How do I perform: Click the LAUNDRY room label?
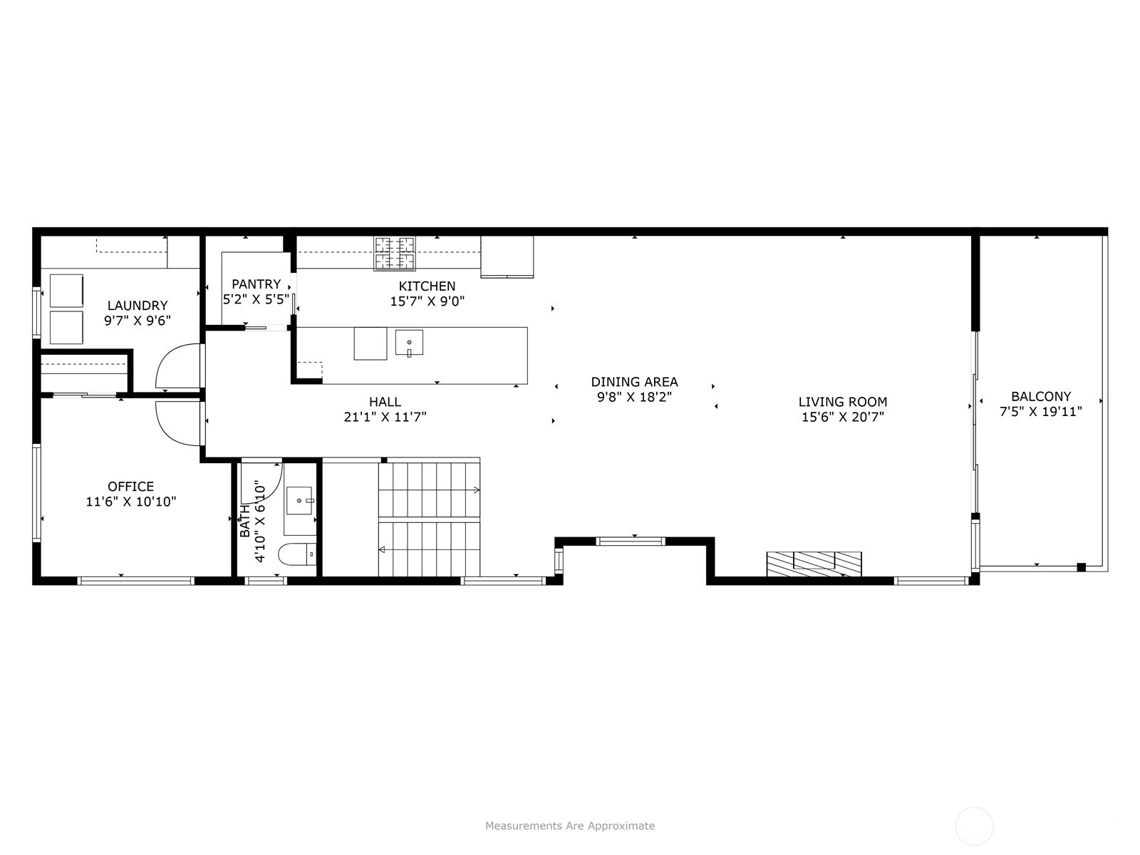137,305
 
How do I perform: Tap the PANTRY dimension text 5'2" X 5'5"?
256,299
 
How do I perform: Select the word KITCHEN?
427,286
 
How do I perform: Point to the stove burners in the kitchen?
395,254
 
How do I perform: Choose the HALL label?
385,402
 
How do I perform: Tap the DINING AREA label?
634,382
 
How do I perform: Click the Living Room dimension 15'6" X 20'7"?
842,417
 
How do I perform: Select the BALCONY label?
1041,397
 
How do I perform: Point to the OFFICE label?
131,487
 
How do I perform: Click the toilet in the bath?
297,554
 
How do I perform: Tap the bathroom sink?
299,500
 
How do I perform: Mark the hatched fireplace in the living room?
814,564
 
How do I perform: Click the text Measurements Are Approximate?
570,826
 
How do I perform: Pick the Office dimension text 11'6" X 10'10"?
131,502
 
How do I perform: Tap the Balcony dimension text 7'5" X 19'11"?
1041,412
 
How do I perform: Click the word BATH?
244,522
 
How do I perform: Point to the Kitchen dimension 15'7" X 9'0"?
427,301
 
